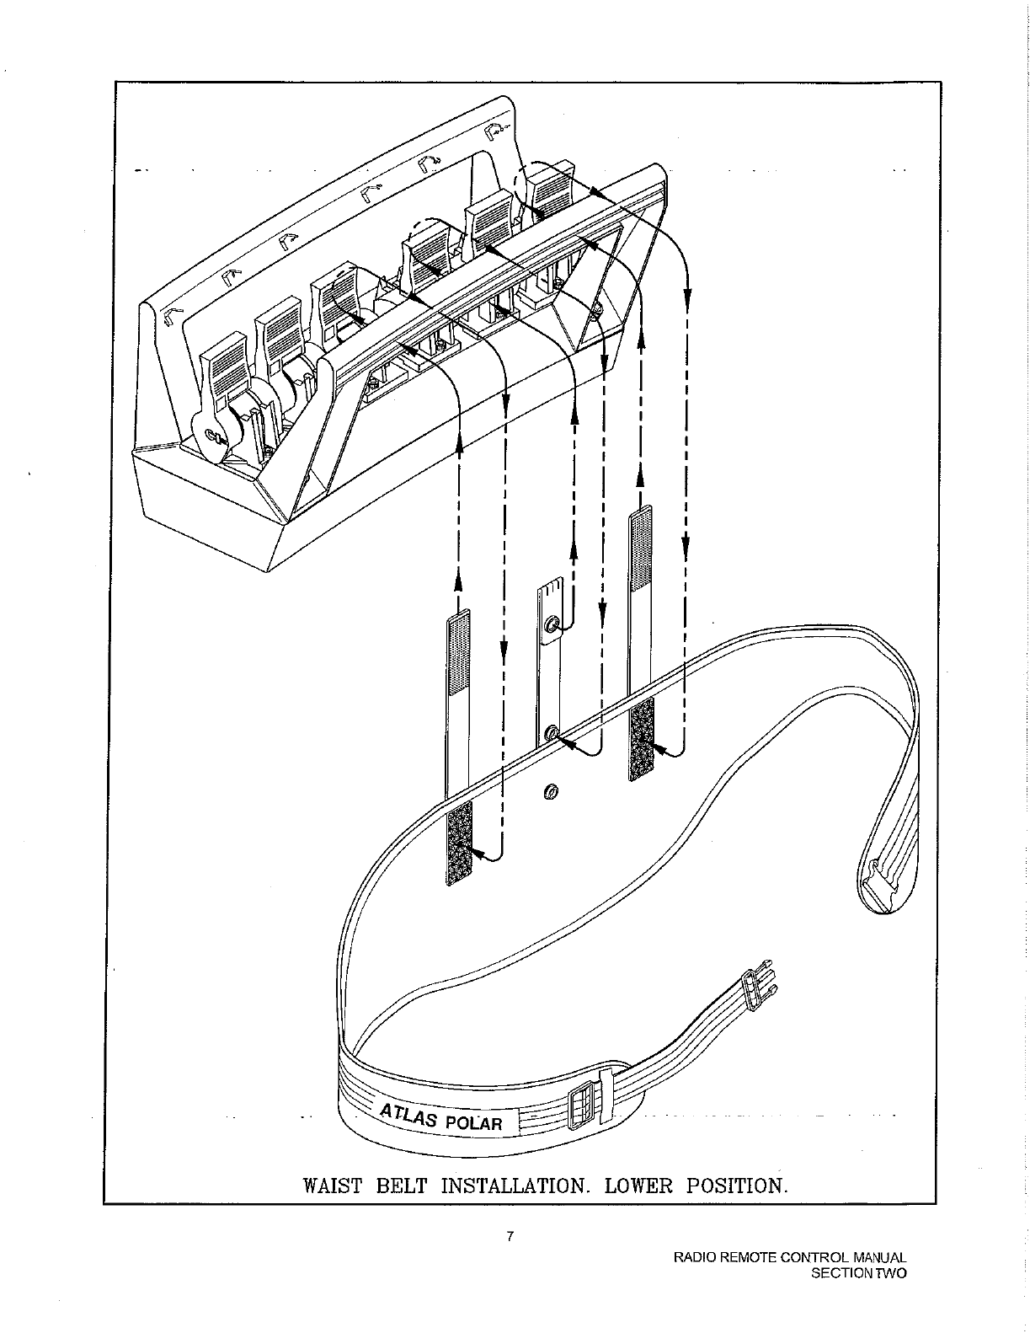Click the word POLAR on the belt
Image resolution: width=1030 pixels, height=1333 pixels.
[472, 1123]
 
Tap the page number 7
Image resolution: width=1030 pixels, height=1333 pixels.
[510, 1237]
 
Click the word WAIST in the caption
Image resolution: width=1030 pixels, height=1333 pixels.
[332, 1186]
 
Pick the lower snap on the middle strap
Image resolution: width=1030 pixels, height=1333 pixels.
[551, 733]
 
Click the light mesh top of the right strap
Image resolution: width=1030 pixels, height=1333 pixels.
[642, 549]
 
